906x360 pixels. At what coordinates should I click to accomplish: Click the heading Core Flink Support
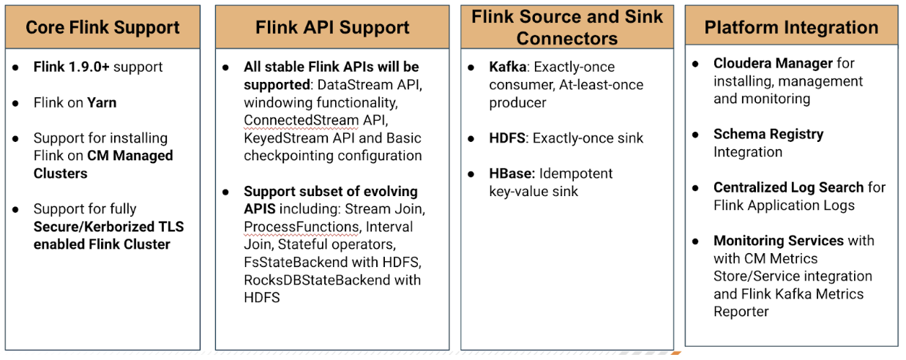(x=102, y=28)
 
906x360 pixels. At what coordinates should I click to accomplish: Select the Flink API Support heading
(x=332, y=28)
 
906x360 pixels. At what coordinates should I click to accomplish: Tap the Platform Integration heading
(x=791, y=28)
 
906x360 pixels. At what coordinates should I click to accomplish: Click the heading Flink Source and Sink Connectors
(x=567, y=27)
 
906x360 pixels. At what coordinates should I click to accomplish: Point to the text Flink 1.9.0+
(x=72, y=67)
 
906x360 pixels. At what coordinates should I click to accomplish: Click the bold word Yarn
(x=102, y=103)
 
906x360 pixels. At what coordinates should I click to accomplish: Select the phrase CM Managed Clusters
(x=103, y=165)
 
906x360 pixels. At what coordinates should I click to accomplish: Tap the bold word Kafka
(x=507, y=67)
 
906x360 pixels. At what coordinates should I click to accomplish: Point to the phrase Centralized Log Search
(x=789, y=188)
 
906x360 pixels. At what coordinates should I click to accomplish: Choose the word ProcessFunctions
(x=302, y=227)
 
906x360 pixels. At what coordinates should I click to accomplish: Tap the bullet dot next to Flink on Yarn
(x=15, y=103)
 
